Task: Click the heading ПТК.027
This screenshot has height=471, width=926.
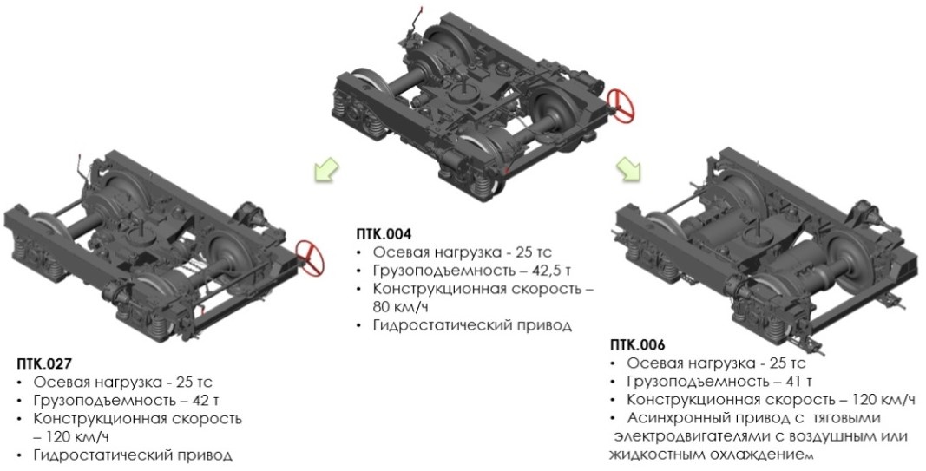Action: pyautogui.click(x=44, y=363)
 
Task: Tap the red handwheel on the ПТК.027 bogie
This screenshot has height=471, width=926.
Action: pyautogui.click(x=311, y=258)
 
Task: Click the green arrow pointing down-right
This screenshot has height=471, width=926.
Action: pyautogui.click(x=629, y=169)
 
